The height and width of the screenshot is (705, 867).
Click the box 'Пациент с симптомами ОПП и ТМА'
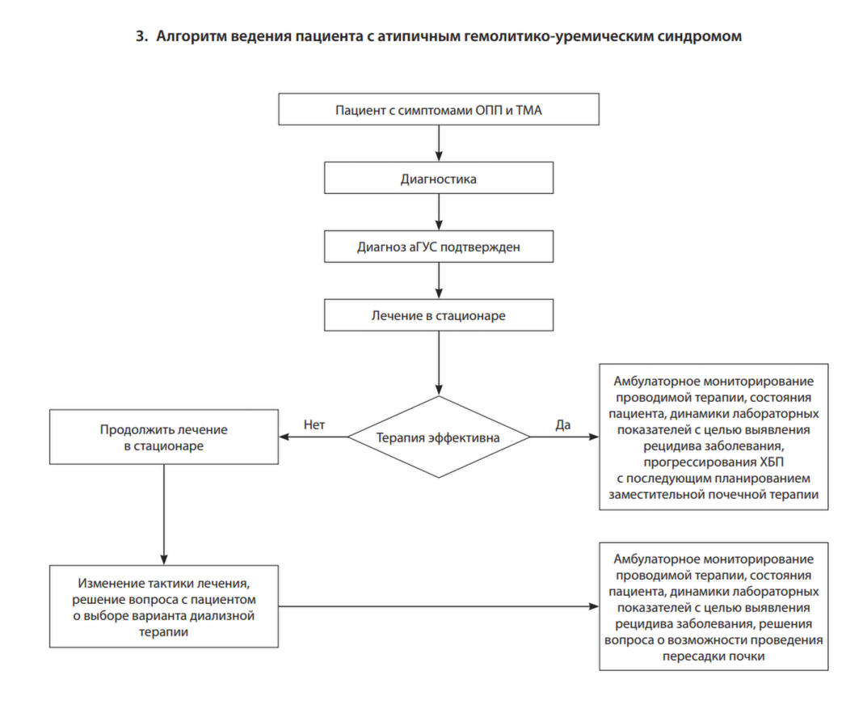click(x=439, y=110)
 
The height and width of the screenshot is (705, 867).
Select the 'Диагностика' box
click(x=439, y=179)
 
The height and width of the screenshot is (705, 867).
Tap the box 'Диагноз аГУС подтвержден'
click(x=439, y=247)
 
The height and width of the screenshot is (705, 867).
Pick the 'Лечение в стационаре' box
click(x=439, y=315)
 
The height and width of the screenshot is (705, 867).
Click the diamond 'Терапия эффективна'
click(x=439, y=437)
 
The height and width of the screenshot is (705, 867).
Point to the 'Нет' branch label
click(x=314, y=424)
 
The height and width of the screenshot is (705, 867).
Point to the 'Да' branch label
click(x=563, y=424)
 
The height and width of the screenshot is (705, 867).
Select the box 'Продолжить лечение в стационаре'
click(x=164, y=437)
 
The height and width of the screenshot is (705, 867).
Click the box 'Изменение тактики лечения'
click(x=164, y=606)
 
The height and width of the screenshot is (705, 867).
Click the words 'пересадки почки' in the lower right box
click(x=713, y=656)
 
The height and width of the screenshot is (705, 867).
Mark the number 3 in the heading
click(x=139, y=36)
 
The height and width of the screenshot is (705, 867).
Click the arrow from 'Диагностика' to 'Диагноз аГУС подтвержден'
click(x=439, y=213)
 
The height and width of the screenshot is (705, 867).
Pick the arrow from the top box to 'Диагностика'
click(x=439, y=144)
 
